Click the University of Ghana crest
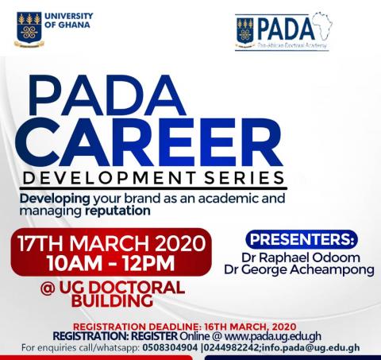29,29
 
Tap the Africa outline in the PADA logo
321,29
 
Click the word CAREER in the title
149,142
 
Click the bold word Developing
55,199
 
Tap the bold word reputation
117,211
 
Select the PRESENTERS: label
302,239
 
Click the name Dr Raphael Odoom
301,257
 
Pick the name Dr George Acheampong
299,269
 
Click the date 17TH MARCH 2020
112,243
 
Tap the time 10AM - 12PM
111,263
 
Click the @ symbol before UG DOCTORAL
48,288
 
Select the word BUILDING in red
112,300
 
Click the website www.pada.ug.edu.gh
273,336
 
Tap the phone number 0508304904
170,347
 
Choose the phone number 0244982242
232,347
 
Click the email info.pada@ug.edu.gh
311,347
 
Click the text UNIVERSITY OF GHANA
69,20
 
